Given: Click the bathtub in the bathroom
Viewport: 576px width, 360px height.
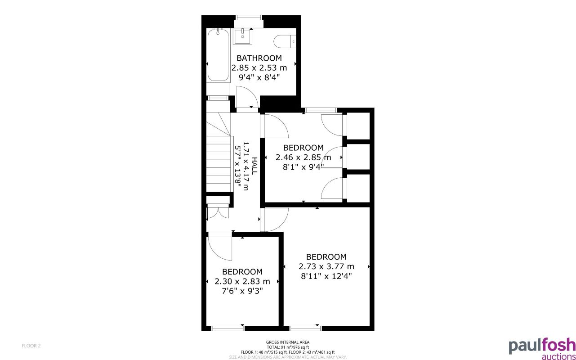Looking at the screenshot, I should (219, 55).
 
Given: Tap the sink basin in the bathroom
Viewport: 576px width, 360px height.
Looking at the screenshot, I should (243, 36).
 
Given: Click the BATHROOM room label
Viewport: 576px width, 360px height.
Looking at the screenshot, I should (259, 58).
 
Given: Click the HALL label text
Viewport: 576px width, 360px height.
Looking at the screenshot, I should (255, 166).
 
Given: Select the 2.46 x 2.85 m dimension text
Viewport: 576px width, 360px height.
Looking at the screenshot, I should (303, 157).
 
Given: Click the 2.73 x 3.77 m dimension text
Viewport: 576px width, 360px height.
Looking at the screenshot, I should (326, 266).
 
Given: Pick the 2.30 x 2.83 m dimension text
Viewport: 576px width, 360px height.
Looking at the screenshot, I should (242, 282).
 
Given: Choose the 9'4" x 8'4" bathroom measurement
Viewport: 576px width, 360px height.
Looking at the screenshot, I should (259, 77).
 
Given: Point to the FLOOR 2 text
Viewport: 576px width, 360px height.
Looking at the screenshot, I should (31, 346).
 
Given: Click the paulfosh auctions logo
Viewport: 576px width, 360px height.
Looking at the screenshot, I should (542, 348).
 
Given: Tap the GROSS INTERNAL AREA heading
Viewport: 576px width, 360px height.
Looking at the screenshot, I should (288, 342).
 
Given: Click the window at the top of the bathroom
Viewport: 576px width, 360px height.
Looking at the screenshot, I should (249, 18).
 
